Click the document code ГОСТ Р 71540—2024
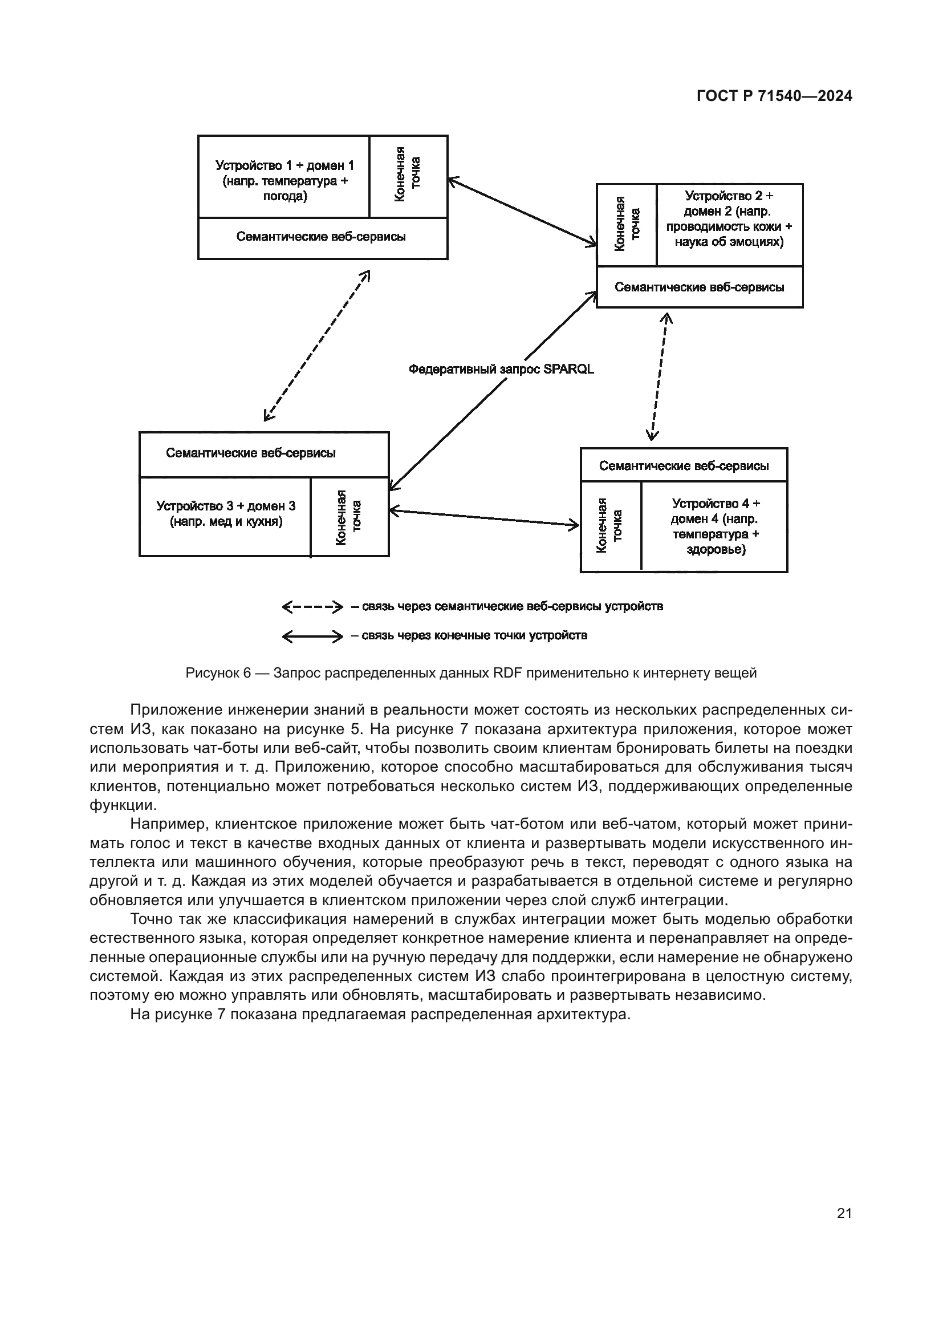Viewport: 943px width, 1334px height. pyautogui.click(x=774, y=96)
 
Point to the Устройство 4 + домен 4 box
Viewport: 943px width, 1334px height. pyautogui.click(x=715, y=526)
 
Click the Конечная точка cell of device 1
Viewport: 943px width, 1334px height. pyautogui.click(x=408, y=176)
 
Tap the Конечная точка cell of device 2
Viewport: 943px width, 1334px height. pyautogui.click(x=627, y=225)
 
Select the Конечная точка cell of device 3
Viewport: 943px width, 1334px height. pyautogui.click(x=349, y=517)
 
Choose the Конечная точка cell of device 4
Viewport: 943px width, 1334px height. pyautogui.click(x=610, y=526)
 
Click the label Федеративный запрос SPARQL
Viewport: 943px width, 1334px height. pyautogui.click(x=501, y=369)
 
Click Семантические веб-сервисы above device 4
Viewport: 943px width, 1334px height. pyautogui.click(x=684, y=465)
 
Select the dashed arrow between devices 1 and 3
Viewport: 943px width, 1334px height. pyautogui.click(x=316, y=345)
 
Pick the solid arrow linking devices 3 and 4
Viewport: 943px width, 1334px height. pyautogui.click(x=483, y=518)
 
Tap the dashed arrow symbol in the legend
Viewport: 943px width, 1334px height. pyautogui.click(x=312, y=607)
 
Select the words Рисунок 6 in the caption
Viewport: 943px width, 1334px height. pyautogui.click(x=218, y=673)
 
